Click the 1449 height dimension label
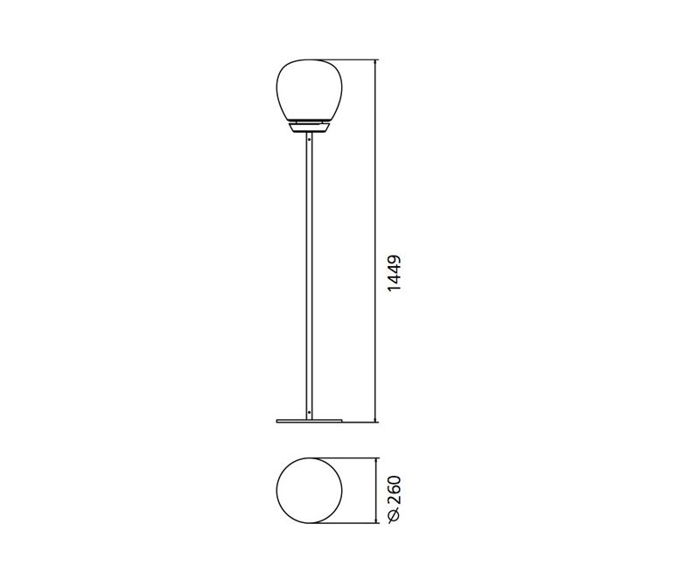click(395, 273)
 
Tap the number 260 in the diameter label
click(395, 490)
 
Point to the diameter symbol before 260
click(395, 515)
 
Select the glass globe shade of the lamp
click(310, 91)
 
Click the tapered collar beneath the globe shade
click(310, 128)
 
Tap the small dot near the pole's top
click(309, 140)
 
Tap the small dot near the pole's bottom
click(309, 412)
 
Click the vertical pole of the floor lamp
click(309, 276)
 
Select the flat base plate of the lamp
click(309, 421)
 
